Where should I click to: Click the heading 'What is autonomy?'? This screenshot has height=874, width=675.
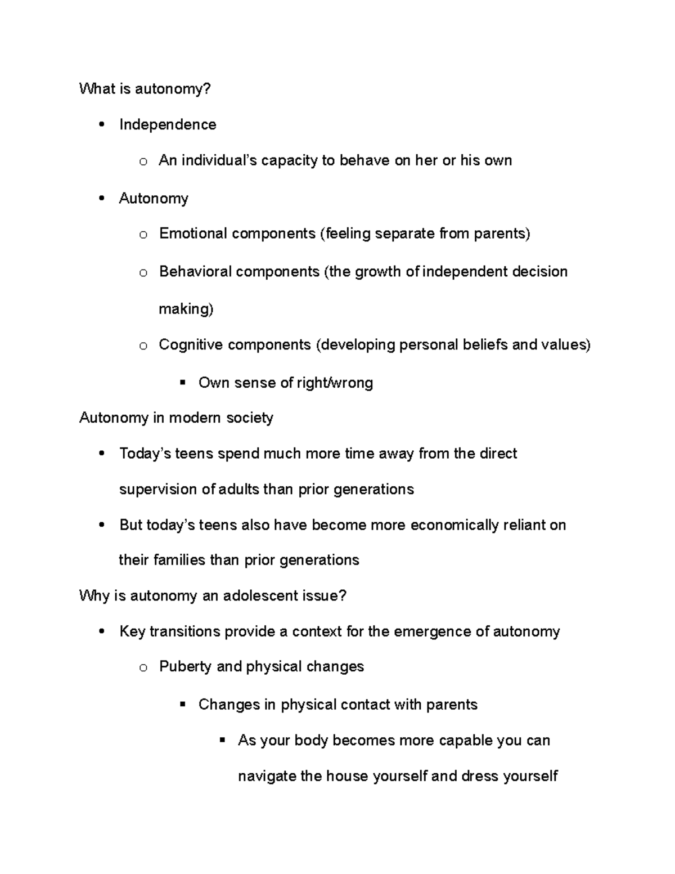[145, 89]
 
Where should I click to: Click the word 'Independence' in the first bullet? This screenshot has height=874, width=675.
[168, 124]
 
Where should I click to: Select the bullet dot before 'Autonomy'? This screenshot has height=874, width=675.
[102, 198]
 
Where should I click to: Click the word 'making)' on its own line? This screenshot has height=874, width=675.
[186, 309]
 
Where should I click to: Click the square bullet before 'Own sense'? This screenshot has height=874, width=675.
[182, 383]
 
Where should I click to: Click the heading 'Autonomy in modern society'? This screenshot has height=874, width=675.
[176, 418]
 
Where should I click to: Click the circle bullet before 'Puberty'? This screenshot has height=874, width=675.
[143, 668]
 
